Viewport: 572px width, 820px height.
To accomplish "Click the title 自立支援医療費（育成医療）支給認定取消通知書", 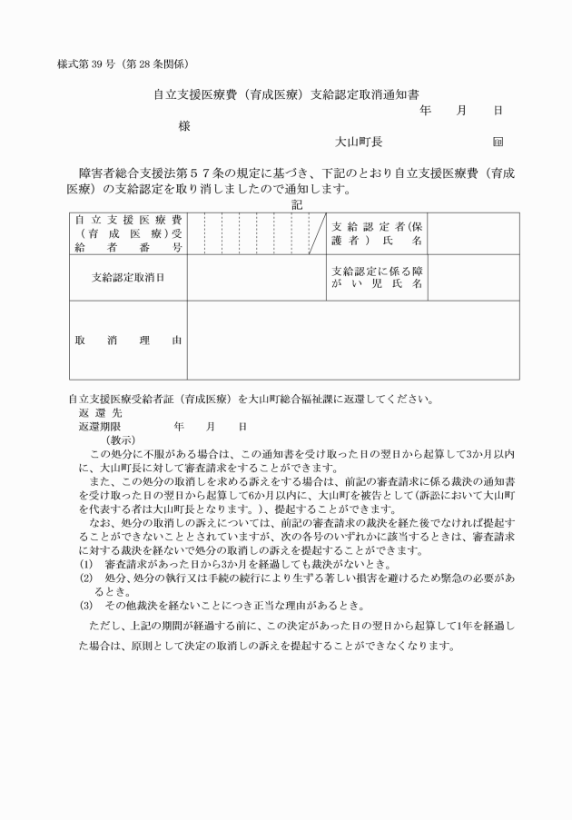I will coord(285,94).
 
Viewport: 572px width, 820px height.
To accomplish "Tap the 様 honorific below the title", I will coord(184,126).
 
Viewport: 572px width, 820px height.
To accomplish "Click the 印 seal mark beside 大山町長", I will coord(498,143).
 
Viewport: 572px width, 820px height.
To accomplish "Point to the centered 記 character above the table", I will coord(297,205).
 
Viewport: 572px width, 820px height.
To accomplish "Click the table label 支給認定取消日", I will coord(128,277).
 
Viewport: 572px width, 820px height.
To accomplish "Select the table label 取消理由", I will coord(128,341).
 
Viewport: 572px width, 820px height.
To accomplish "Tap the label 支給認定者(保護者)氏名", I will coord(376,233).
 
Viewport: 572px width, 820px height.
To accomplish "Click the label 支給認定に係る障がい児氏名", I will coord(376,277).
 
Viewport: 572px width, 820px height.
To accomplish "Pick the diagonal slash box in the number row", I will coord(316,233).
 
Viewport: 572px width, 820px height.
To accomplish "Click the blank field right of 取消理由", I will coord(353,341).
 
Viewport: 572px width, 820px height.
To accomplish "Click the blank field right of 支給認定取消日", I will coord(255,277).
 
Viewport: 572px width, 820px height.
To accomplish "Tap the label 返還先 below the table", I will coord(94,412).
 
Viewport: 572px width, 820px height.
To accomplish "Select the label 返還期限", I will coord(100,426).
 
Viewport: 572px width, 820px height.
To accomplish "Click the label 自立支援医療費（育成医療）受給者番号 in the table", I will coord(128,233).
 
